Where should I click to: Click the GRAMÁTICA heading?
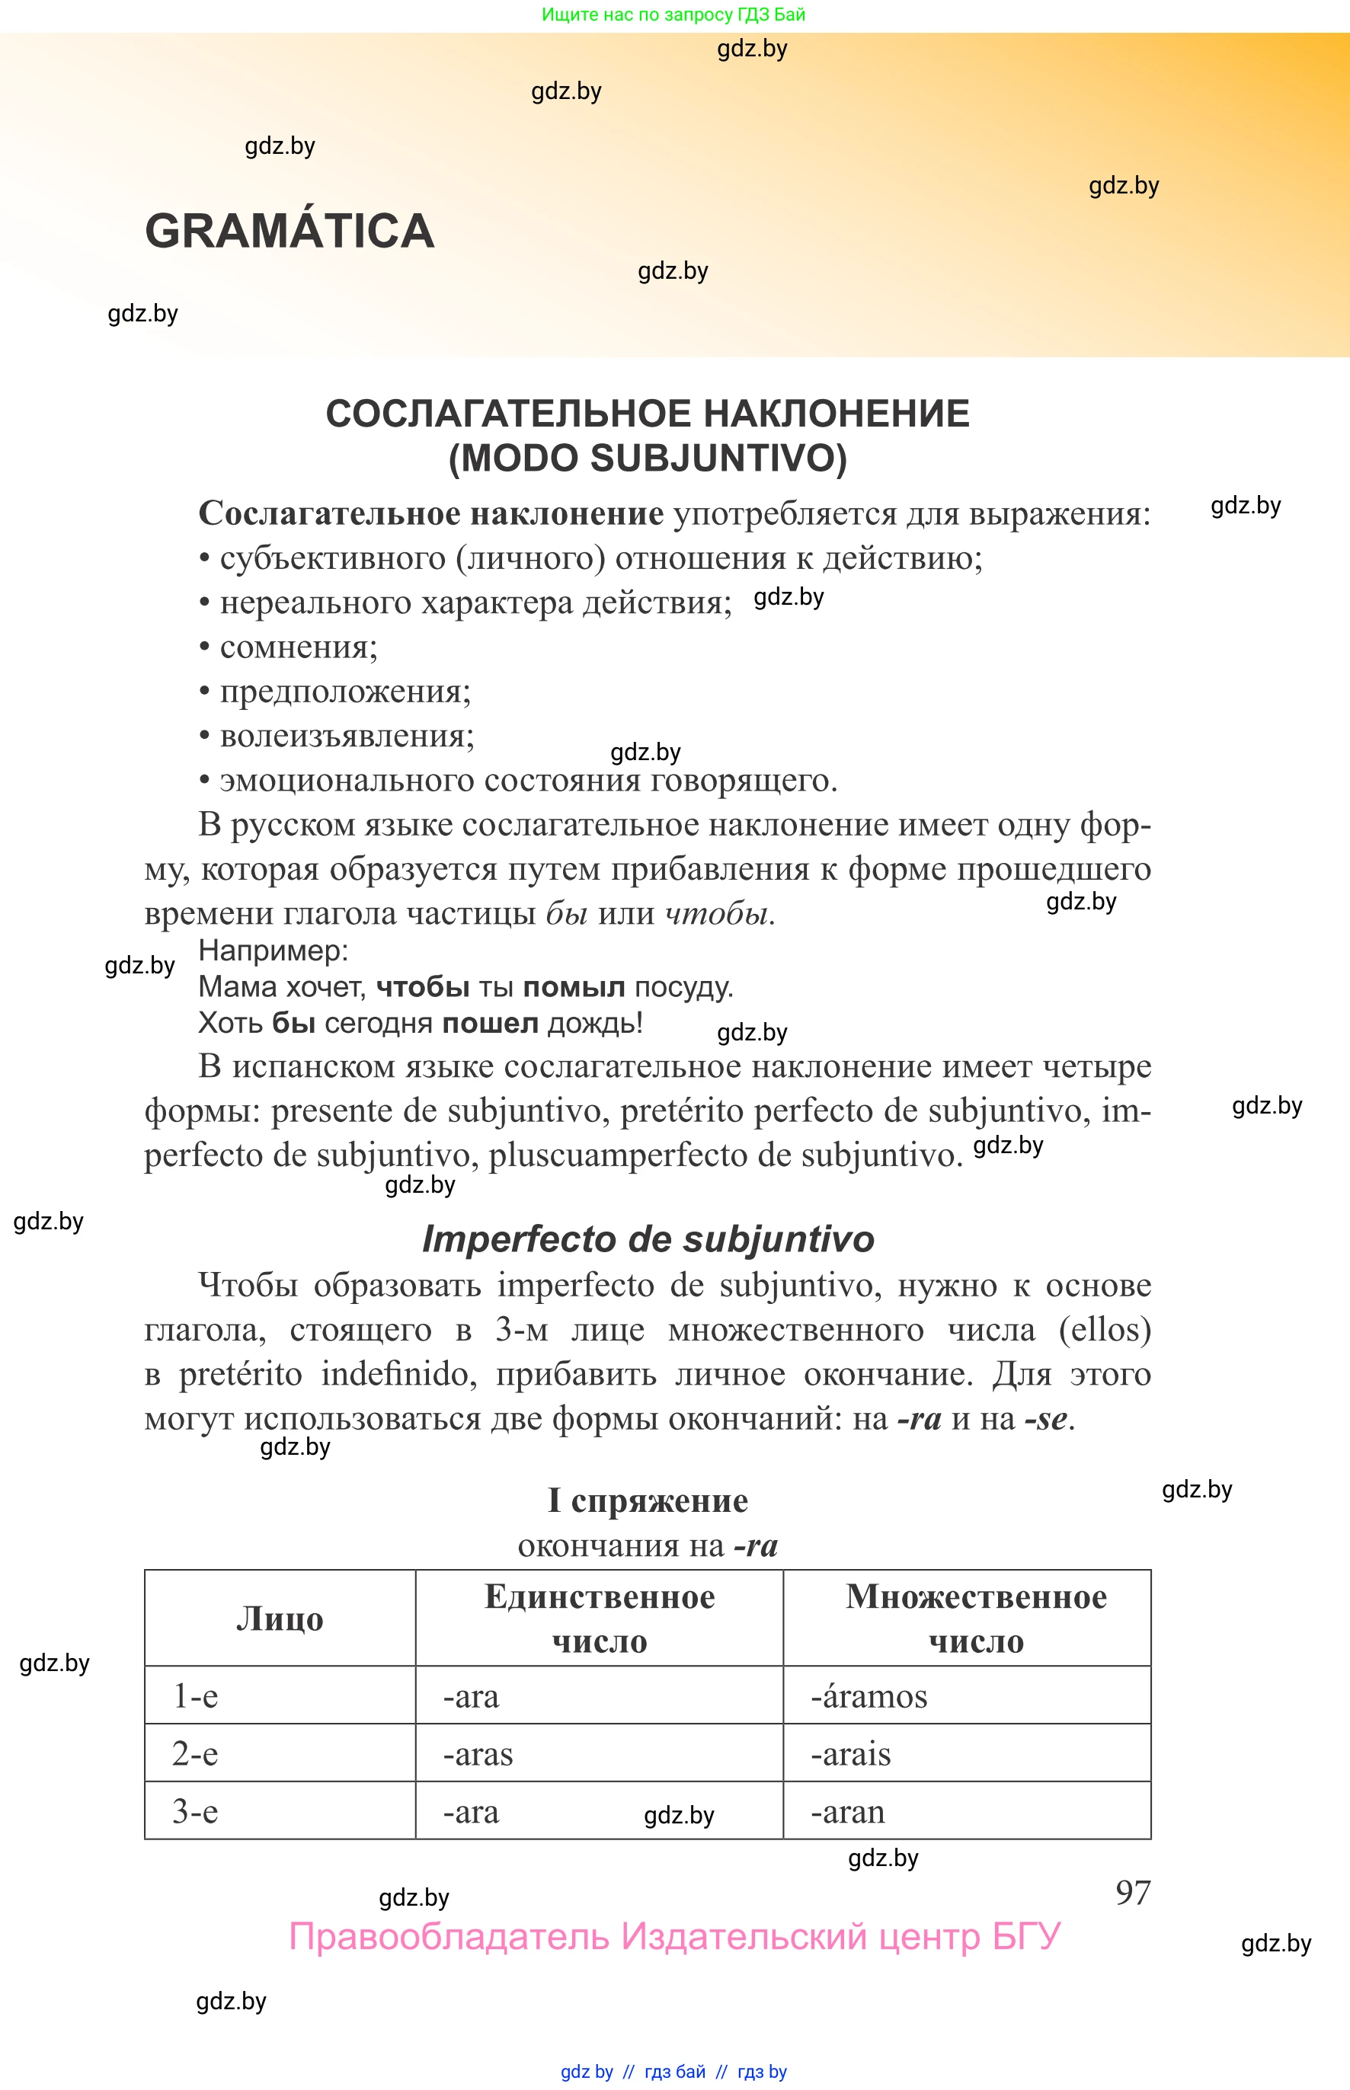[290, 232]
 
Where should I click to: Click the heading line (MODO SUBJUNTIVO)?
[647, 458]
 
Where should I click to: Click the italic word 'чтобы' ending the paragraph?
[716, 913]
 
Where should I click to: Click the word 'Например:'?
[274, 950]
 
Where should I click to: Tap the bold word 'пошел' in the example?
[489, 1023]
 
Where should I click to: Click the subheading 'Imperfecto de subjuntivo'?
[648, 1239]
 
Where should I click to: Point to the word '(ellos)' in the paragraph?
[1104, 1329]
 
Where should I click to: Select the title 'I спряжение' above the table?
[648, 1500]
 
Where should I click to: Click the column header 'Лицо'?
[280, 1618]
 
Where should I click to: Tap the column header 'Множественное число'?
[975, 1618]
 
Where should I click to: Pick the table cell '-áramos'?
[868, 1695]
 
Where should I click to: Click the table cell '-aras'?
[478, 1753]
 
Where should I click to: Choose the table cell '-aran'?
[847, 1811]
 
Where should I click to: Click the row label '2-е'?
[194, 1753]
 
